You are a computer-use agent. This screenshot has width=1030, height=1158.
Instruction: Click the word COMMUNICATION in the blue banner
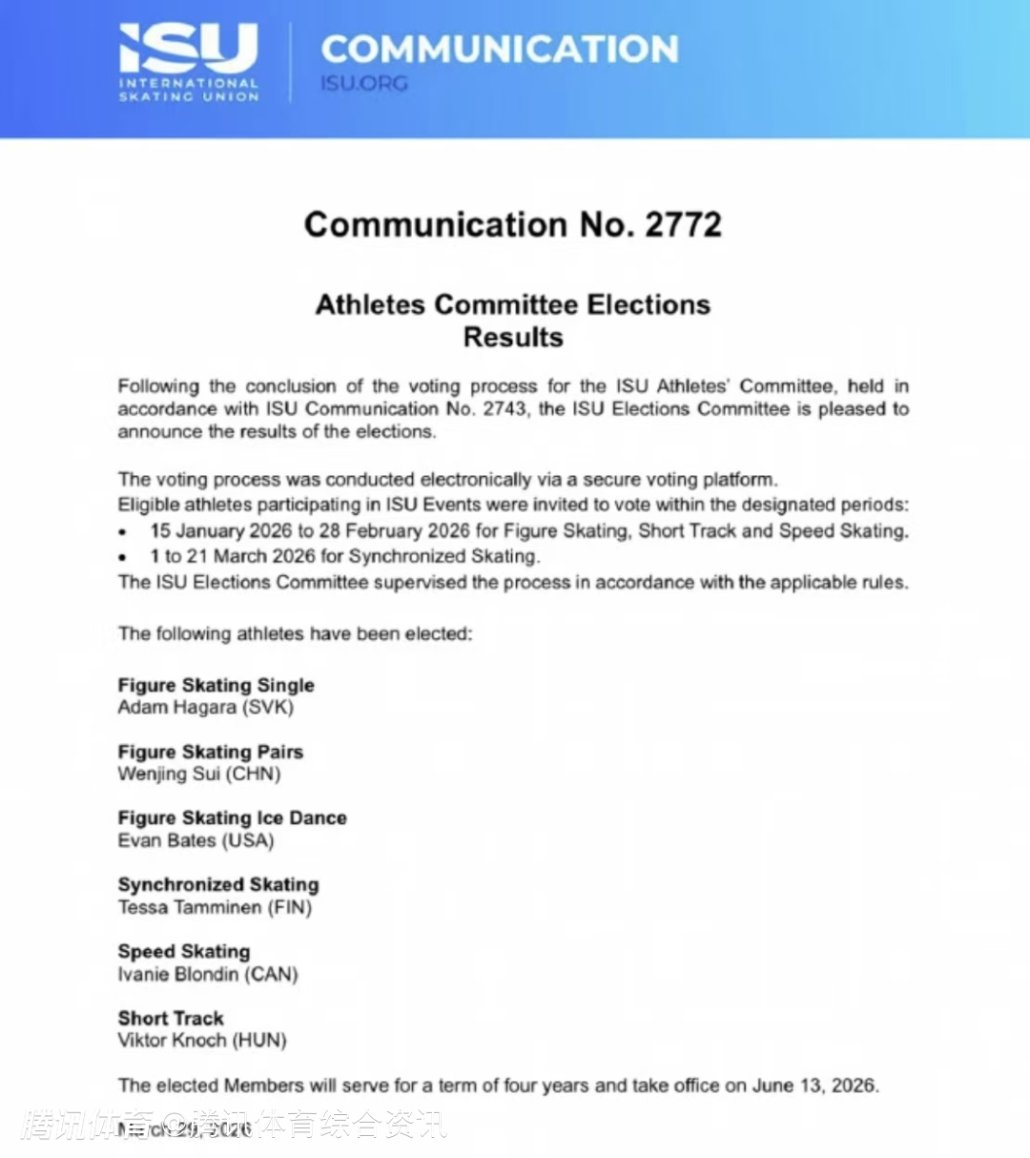500,50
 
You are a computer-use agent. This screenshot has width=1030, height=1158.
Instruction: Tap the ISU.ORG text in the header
364,84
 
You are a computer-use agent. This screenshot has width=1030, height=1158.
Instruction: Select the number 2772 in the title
683,225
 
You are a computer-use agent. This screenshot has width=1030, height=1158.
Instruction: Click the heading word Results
513,338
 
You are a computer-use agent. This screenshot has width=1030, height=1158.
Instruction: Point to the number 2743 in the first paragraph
504,409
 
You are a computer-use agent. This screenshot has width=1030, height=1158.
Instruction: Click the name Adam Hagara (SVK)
206,708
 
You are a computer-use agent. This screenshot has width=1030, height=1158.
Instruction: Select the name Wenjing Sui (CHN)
199,775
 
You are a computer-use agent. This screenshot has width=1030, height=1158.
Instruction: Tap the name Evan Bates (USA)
196,841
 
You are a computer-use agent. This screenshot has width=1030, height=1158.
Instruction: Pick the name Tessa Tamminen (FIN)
216,908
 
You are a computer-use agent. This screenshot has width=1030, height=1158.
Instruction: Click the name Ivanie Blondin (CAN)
208,975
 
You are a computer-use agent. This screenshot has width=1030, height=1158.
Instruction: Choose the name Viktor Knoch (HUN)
202,1041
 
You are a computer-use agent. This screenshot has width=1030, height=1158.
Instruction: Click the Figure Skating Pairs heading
211,752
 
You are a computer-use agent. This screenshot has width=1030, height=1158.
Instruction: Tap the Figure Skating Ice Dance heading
233,818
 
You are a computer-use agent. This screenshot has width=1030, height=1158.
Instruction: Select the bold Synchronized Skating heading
218,885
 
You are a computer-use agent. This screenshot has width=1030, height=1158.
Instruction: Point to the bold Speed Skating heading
184,952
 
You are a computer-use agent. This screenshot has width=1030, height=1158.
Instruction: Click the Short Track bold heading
171,1019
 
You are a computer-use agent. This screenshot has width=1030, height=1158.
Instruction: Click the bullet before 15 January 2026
123,532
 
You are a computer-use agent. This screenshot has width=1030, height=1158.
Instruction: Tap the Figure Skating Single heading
216,685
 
